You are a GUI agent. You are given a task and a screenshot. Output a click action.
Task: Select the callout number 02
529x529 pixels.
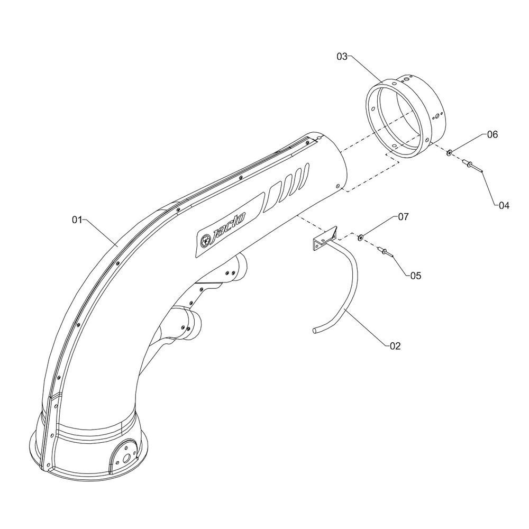pyautogui.click(x=395, y=346)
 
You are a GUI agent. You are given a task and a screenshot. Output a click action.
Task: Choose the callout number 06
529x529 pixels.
pyautogui.click(x=492, y=135)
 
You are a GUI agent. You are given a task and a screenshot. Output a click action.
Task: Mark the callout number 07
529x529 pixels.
pyautogui.click(x=404, y=217)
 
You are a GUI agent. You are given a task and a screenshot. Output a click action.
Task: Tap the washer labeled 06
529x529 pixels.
pyautogui.click(x=449, y=152)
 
